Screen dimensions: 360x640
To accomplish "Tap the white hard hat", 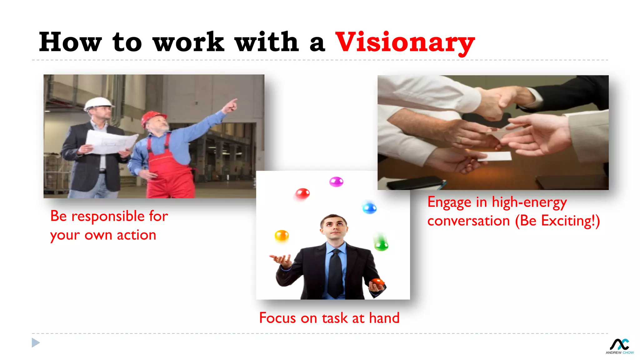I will (x=98, y=103).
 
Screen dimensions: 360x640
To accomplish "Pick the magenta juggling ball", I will (x=336, y=182).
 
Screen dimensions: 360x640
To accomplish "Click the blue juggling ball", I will (x=369, y=208).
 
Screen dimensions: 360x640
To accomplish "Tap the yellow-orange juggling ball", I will (x=282, y=235).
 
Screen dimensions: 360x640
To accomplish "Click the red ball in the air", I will (x=302, y=194).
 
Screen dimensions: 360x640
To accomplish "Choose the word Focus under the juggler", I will (x=277, y=318).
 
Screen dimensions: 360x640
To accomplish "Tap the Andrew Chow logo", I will (x=620, y=346).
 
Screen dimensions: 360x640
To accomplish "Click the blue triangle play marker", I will (x=36, y=342).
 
